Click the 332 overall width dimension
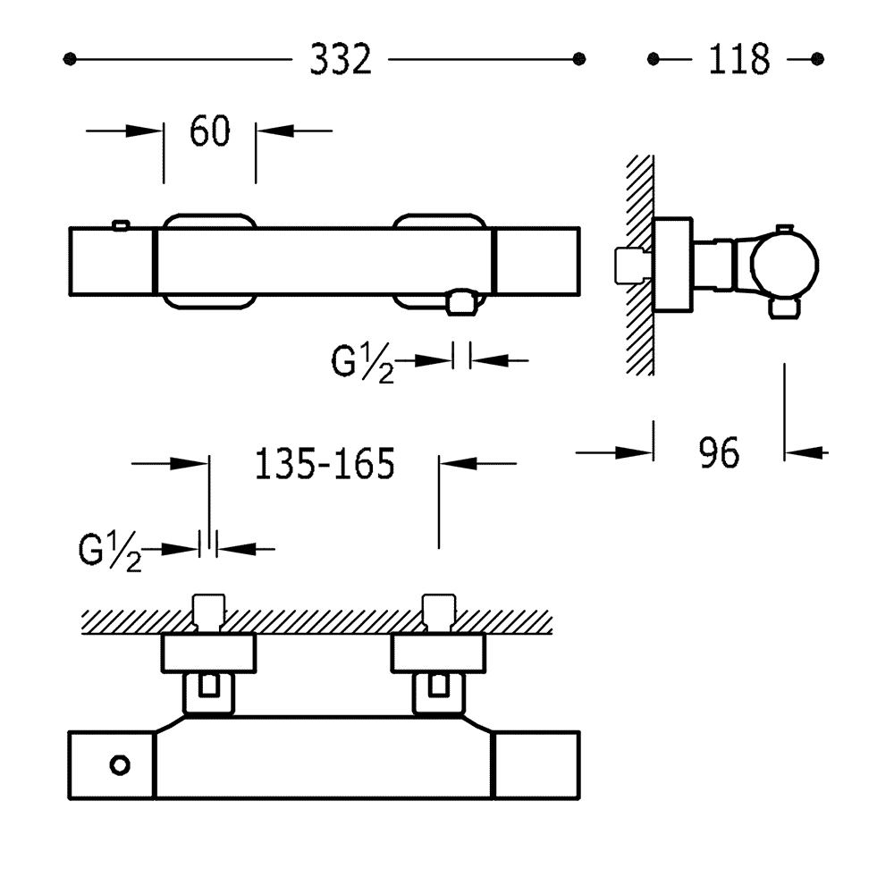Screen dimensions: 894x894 click(x=341, y=59)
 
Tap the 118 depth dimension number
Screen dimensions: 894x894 click(x=739, y=59)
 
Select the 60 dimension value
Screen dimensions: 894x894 click(x=210, y=131)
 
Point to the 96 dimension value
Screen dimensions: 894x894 click(x=719, y=453)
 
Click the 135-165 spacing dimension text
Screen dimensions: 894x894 click(x=325, y=464)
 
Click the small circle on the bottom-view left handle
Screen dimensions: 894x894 click(x=120, y=765)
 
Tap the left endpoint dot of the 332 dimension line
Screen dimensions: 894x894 click(x=70, y=59)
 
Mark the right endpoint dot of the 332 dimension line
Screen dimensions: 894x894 click(x=579, y=59)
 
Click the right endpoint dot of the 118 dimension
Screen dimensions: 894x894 click(x=818, y=59)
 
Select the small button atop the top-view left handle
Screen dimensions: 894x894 click(x=121, y=226)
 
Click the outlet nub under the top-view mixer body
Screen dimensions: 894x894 click(x=462, y=302)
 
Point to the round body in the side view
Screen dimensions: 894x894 click(x=785, y=265)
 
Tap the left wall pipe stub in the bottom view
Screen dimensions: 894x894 click(x=208, y=614)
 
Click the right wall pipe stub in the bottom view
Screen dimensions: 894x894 click(x=438, y=614)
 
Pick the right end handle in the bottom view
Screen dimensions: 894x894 click(x=536, y=765)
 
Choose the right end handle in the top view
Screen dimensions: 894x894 click(x=537, y=262)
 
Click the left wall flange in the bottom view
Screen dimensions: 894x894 click(x=208, y=653)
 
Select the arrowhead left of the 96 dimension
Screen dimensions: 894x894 click(x=634, y=453)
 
